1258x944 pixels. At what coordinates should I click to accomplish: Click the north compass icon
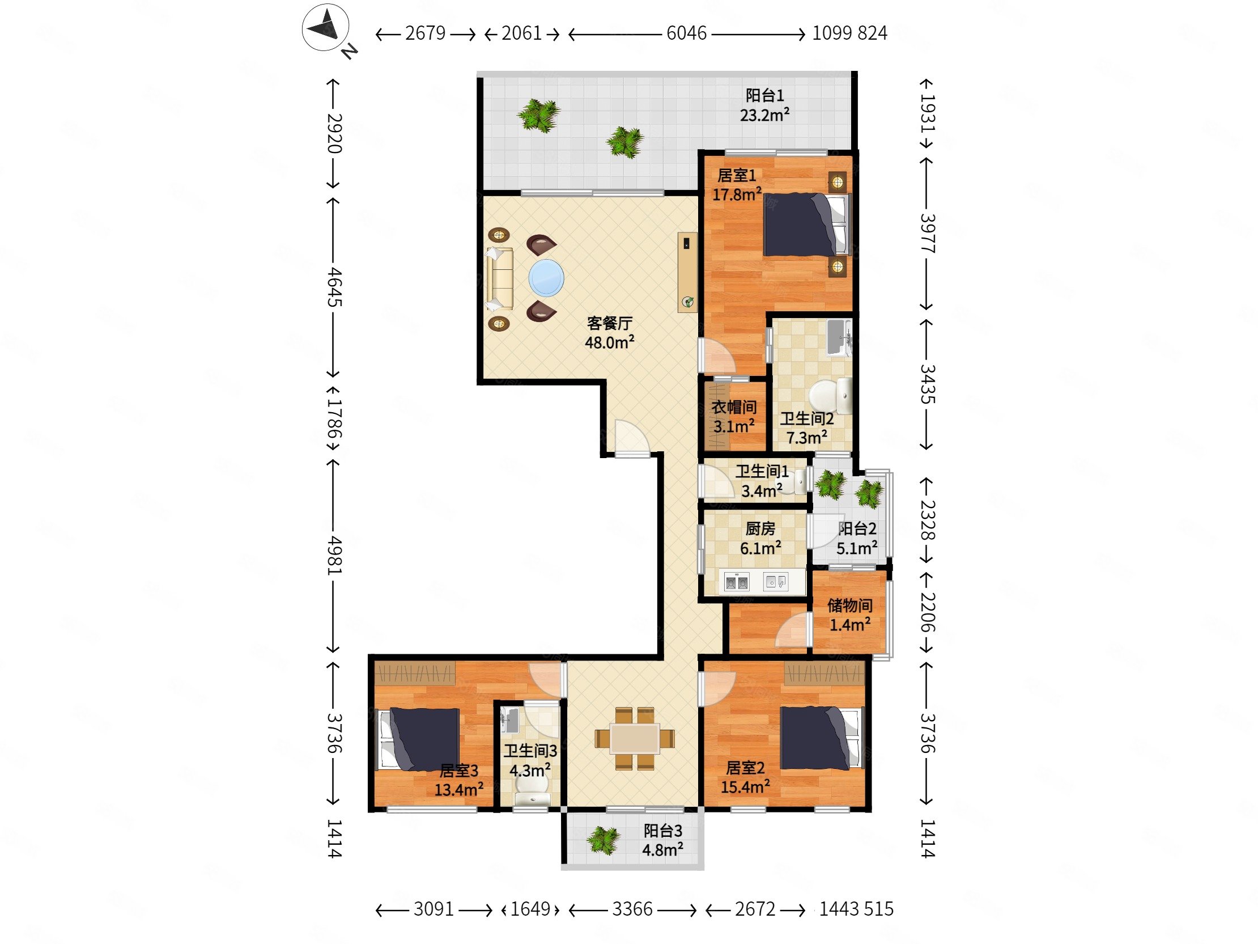click(325, 28)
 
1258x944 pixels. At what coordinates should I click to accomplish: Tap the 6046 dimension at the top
click(686, 33)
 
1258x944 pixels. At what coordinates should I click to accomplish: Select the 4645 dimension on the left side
click(334, 287)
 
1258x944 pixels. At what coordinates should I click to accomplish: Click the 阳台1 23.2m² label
click(764, 105)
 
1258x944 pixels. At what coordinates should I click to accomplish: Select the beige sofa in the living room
click(499, 279)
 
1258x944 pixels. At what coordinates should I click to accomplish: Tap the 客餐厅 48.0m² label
click(610, 333)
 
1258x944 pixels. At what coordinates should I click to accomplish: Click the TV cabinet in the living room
click(687, 272)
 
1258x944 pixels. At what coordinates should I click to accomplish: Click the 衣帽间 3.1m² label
click(734, 417)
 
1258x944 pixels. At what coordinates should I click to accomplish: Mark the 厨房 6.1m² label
click(760, 538)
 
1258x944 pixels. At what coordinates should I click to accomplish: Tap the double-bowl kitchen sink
click(736, 582)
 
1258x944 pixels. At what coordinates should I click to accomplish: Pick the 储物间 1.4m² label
click(849, 615)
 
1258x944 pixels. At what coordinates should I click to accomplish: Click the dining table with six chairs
click(635, 739)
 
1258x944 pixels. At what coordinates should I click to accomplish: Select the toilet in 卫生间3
click(531, 790)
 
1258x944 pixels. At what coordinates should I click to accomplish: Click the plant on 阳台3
click(603, 840)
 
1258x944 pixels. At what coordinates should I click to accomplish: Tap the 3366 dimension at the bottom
click(632, 909)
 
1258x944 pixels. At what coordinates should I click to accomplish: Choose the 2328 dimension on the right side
click(927, 519)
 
